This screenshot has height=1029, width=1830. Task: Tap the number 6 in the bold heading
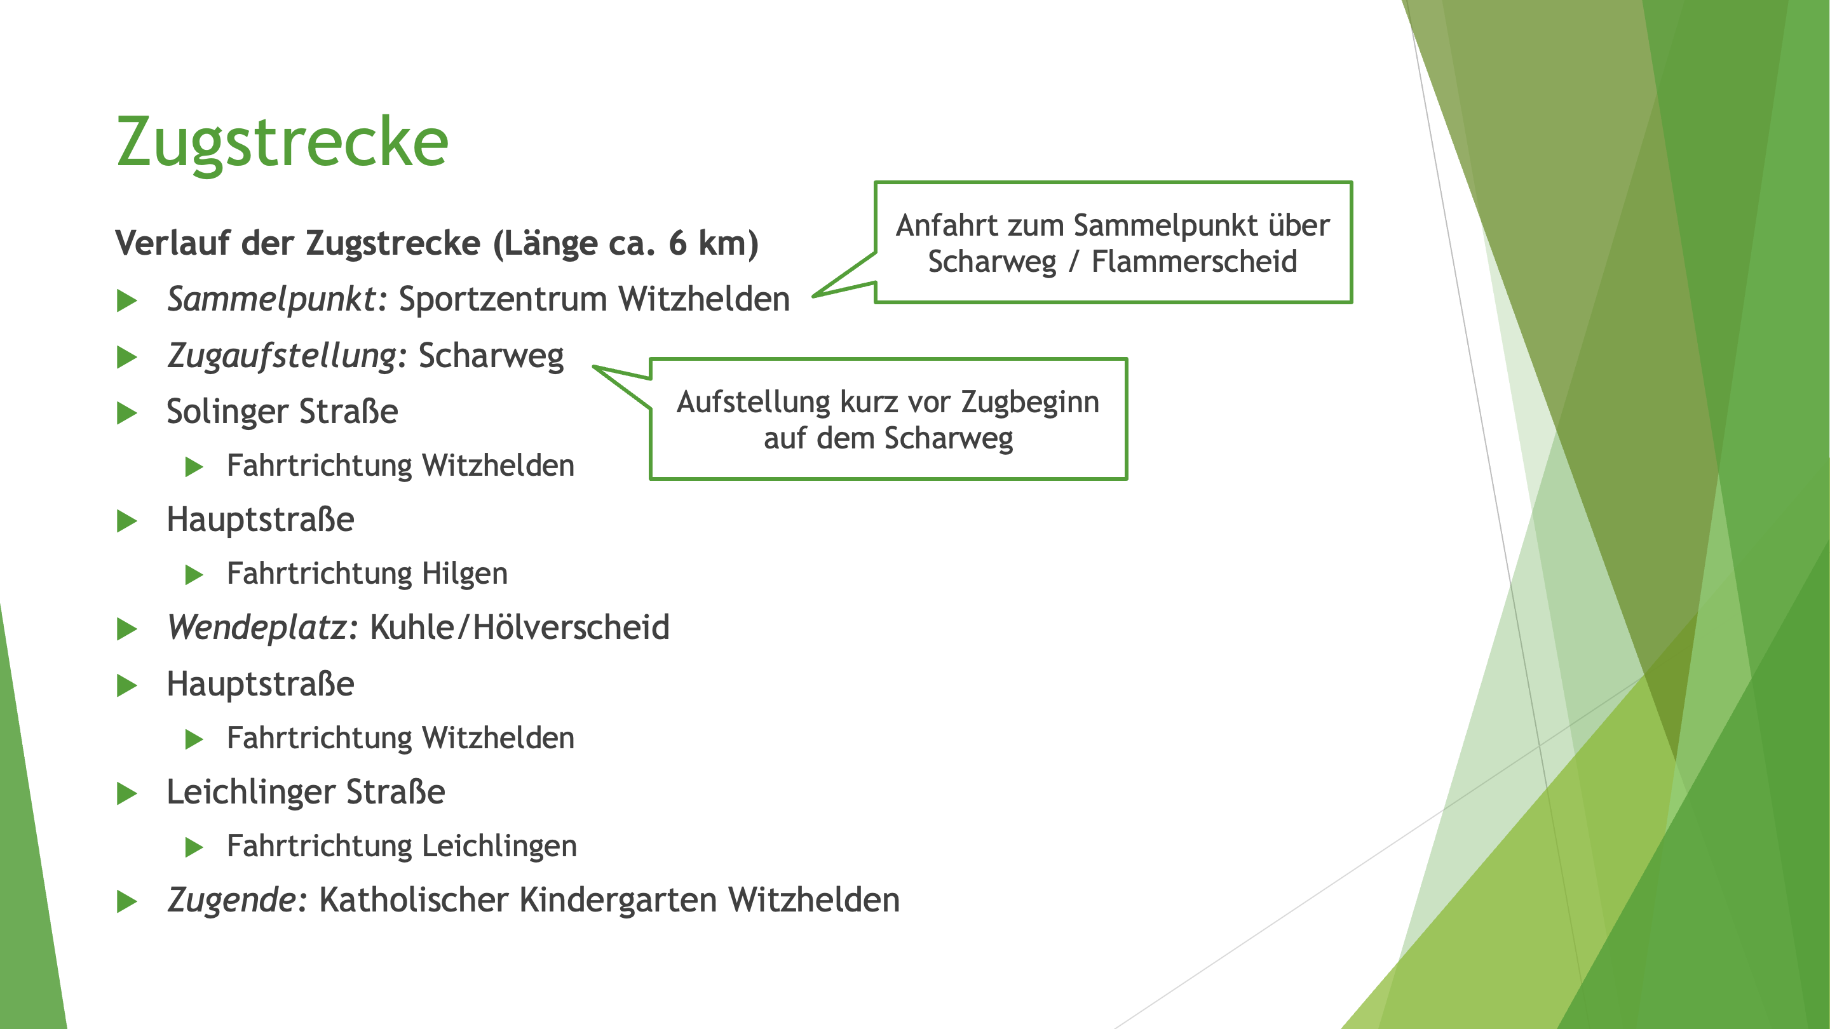678,243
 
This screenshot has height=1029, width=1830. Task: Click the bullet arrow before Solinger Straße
127,413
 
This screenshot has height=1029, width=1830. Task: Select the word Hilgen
464,574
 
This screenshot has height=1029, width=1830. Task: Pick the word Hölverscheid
571,628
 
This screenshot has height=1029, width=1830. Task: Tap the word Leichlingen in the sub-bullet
499,847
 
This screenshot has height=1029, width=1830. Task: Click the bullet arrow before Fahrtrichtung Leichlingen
194,847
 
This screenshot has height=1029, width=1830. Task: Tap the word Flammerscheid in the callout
1193,261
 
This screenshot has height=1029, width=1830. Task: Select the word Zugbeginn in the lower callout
1030,403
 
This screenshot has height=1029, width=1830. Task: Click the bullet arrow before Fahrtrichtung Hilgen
194,574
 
